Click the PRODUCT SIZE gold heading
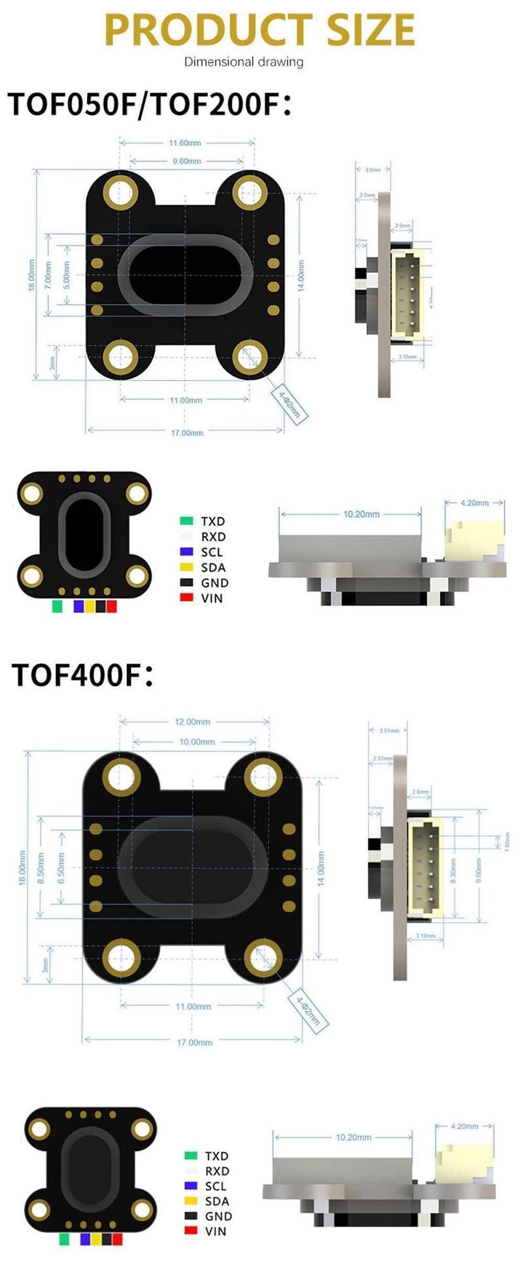pos(260,29)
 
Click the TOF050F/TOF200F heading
pos(149,105)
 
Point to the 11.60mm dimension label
pos(185,143)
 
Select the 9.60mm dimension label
pos(186,161)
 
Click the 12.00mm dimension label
pos(192,722)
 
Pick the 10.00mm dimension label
pos(197,742)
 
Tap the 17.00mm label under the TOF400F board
pos(194,1042)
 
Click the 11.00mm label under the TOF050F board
pos(186,400)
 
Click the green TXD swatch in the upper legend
pos(186,521)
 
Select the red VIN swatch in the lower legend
pos(191,1230)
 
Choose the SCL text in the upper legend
pos(212,552)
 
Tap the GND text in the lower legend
pos(218,1216)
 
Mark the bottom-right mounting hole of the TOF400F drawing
pos(263,957)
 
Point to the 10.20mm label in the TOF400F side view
pos(353,1138)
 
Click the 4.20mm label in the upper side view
pos(474,503)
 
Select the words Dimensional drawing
pos(243,62)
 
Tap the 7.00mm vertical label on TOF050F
pos(48,275)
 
